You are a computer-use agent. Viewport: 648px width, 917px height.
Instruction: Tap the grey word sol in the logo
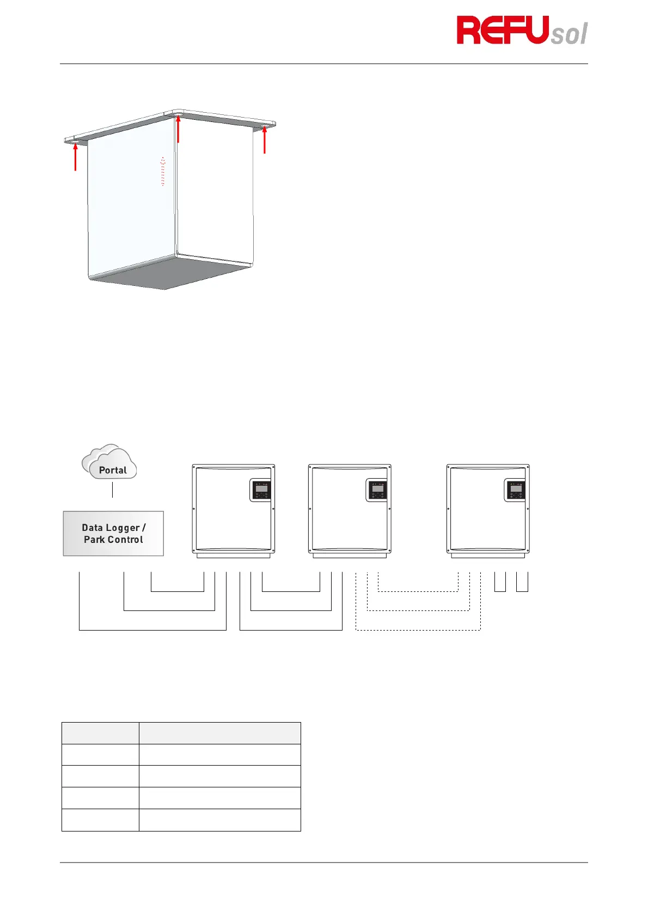click(569, 34)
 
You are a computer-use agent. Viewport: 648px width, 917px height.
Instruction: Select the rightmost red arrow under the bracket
click(265, 139)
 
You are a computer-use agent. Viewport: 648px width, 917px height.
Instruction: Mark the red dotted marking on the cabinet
click(163, 172)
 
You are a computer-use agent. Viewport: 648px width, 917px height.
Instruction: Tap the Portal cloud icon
click(111, 463)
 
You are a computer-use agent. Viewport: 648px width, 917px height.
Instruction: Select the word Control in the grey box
click(125, 540)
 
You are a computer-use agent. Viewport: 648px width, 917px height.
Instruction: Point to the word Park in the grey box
click(94, 540)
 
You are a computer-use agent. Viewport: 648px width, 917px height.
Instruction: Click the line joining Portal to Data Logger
click(112, 490)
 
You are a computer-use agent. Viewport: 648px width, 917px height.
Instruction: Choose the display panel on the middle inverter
click(377, 490)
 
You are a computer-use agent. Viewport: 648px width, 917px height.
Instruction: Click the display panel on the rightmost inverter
click(516, 490)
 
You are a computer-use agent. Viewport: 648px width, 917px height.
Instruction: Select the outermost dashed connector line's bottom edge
click(418, 630)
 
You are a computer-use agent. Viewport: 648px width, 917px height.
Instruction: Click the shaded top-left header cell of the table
click(100, 733)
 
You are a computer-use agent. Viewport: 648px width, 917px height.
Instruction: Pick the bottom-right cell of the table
click(219, 820)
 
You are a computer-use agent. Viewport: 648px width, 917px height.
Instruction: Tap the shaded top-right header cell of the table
click(219, 733)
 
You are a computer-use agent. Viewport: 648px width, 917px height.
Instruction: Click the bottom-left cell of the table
click(100, 820)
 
